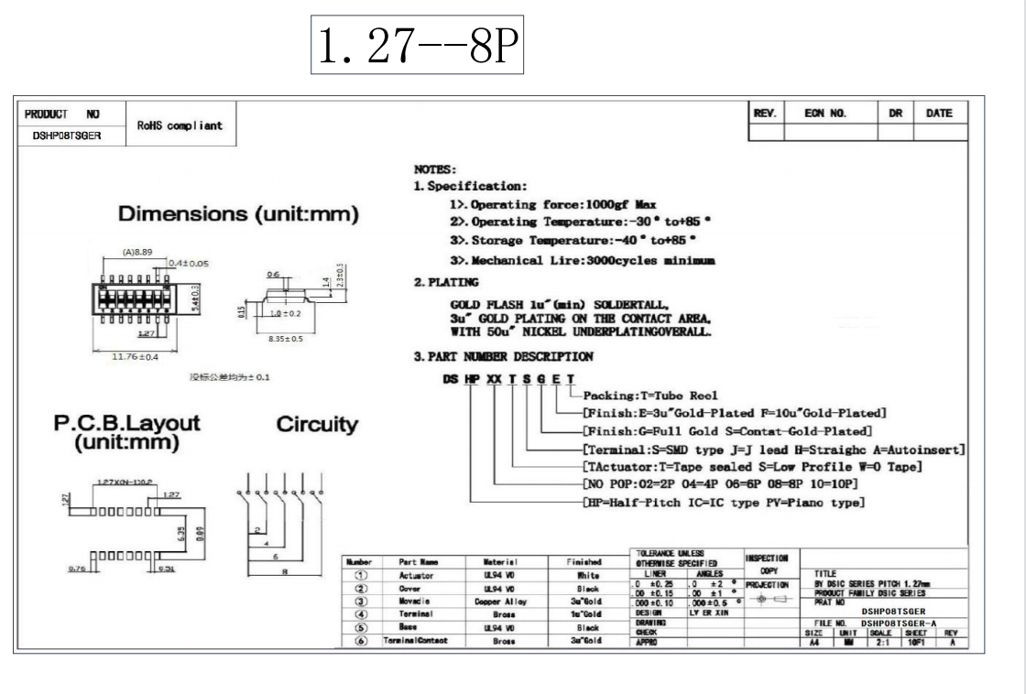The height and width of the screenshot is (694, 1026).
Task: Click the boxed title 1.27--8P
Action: click(417, 44)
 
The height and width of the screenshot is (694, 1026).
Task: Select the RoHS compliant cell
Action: click(180, 125)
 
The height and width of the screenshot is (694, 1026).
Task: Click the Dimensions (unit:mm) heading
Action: click(238, 214)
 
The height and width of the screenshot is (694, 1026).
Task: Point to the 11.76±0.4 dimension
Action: click(135, 356)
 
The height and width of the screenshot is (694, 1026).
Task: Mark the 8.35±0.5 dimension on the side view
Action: click(285, 339)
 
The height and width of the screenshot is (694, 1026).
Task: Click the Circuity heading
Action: click(317, 425)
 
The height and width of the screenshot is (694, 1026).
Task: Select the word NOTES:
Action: click(435, 169)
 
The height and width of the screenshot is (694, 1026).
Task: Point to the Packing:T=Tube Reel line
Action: click(639, 396)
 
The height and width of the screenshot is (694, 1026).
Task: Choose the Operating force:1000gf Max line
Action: click(553, 204)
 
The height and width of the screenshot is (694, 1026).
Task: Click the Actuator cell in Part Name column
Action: click(417, 576)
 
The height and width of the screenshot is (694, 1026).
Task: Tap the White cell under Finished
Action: click(587, 576)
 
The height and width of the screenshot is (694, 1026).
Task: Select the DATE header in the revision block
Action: click(939, 114)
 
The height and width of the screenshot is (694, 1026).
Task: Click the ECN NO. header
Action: click(824, 114)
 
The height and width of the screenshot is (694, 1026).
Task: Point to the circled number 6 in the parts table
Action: click(361, 641)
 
